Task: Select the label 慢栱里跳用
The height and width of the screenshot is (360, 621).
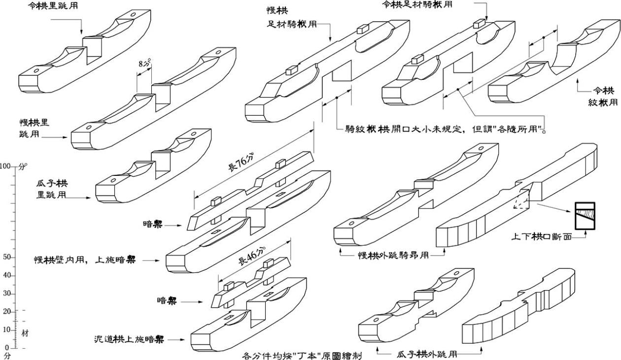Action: tap(34, 127)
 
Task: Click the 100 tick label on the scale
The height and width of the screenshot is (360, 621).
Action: tap(6, 166)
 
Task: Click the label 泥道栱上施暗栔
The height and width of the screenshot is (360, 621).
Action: tap(129, 339)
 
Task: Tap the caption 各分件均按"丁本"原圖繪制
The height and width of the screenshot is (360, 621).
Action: tap(302, 355)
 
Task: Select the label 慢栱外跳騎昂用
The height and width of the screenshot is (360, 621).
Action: tap(392, 255)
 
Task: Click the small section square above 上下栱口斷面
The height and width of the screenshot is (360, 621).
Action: tap(582, 216)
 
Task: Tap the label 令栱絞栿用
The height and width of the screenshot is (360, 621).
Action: tap(603, 97)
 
